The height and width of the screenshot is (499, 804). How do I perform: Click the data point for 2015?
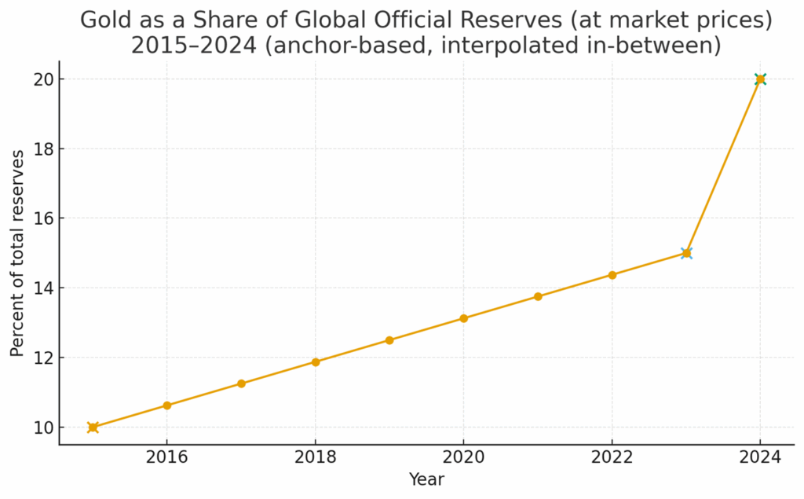[x=93, y=427]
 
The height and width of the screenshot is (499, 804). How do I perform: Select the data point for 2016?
[x=167, y=405]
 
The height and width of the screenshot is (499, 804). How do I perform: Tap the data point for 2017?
[x=241, y=383]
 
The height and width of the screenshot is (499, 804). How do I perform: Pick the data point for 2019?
[x=389, y=340]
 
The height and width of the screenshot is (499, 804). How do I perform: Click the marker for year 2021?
[x=538, y=296]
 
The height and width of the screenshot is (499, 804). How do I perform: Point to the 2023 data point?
[x=686, y=253]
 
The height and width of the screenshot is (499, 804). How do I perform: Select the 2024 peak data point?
[x=760, y=79]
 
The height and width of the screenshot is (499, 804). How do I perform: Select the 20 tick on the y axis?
[x=42, y=79]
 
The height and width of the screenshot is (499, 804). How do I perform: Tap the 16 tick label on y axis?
[x=42, y=218]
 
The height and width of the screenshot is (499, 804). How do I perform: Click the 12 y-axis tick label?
[x=42, y=358]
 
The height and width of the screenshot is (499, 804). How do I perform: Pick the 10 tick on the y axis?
[x=42, y=427]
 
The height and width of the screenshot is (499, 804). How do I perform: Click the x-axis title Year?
[x=426, y=479]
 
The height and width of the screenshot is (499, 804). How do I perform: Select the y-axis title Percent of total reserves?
[x=17, y=253]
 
